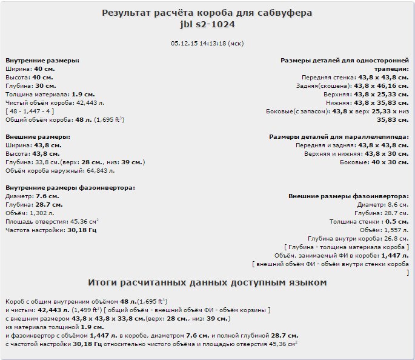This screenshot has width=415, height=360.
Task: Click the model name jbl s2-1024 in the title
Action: tap(207, 25)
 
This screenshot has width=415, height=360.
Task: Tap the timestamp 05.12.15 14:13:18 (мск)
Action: tap(207, 44)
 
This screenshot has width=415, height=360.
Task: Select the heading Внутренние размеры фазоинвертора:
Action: tap(70, 188)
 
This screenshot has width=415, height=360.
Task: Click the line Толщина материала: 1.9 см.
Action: tap(50, 95)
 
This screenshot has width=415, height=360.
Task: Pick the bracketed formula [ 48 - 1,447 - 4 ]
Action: tap(30, 112)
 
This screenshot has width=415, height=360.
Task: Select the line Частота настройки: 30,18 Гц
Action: tap(51, 230)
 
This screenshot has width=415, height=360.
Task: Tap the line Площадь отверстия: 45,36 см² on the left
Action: tap(52, 222)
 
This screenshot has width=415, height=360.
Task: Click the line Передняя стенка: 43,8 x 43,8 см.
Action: tap(355, 78)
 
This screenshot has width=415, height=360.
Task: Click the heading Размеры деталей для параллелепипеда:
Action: tap(339, 137)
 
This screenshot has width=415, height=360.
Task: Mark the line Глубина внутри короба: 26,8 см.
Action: tap(358, 239)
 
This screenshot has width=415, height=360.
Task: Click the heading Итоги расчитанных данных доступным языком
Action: tap(207, 283)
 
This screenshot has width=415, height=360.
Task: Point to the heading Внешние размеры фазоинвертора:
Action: tap(348, 196)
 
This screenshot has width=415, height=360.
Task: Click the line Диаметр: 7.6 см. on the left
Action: tap(32, 196)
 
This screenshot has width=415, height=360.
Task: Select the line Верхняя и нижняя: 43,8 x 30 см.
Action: tap(356, 154)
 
